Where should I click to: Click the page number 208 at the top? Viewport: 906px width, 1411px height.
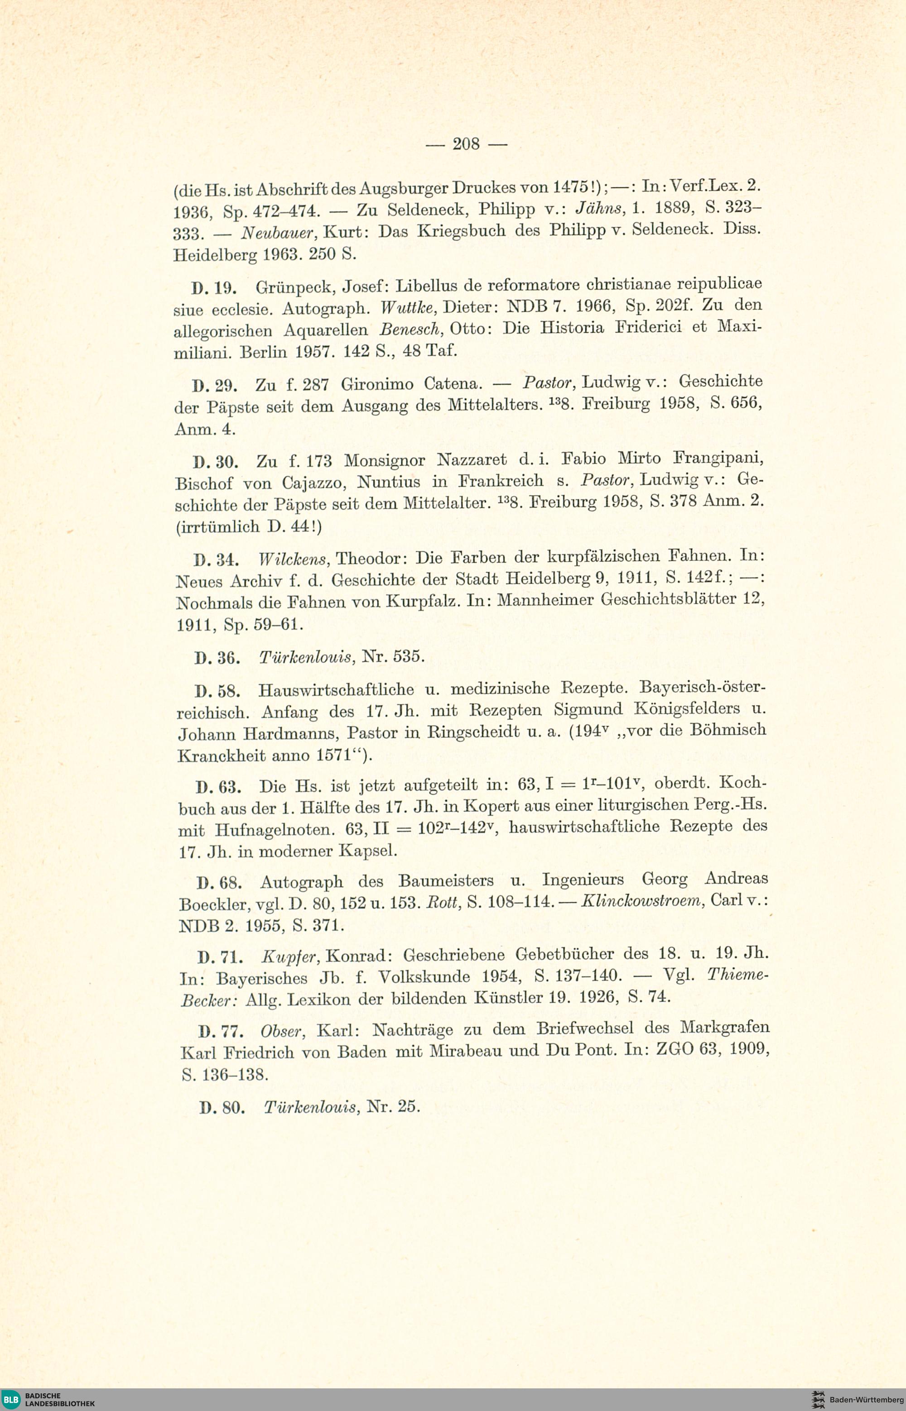pos(466,143)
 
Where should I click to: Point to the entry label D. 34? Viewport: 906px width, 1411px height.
pos(215,559)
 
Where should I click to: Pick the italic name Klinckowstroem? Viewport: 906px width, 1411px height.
pos(642,901)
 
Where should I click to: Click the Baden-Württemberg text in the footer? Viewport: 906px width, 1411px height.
pos(866,1399)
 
